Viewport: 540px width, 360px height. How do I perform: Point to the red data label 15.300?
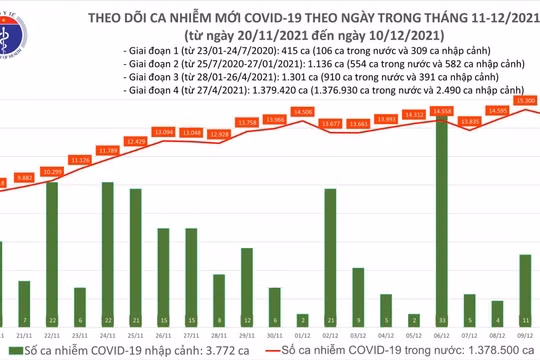[524, 101]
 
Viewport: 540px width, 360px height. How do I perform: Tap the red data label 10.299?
[52, 173]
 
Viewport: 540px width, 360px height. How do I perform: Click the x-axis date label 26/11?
[164, 336]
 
